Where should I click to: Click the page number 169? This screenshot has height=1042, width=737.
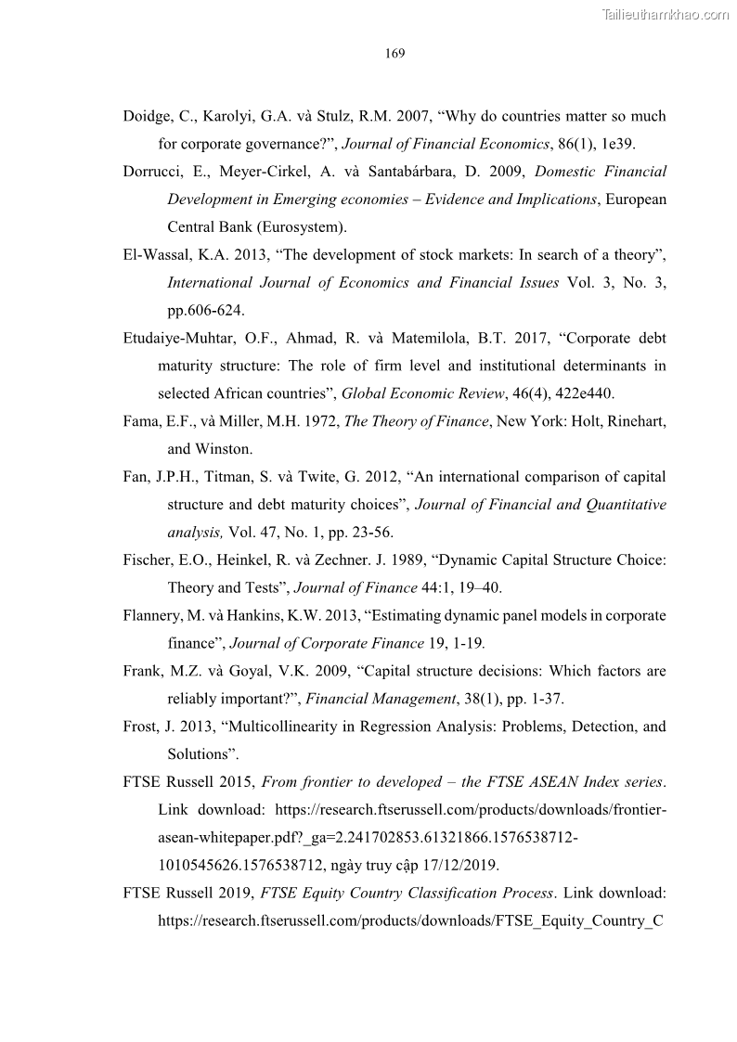(394, 53)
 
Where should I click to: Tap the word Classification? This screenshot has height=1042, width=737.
(442, 894)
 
